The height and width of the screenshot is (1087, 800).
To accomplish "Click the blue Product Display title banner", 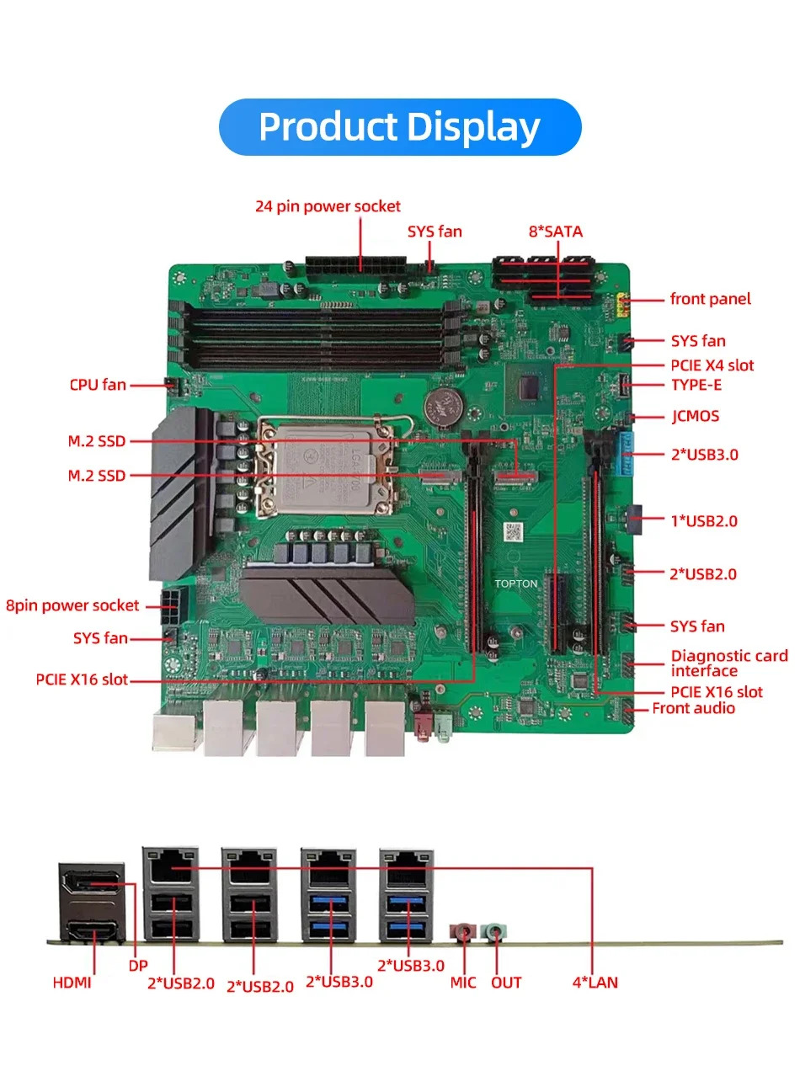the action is pos(400,126).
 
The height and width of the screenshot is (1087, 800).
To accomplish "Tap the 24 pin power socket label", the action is pos(328,206).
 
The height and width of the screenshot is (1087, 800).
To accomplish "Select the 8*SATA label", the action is pos(555,232).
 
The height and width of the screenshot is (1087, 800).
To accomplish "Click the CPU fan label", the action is pos(98,385).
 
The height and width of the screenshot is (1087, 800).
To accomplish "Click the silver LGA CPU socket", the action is pos(325,466).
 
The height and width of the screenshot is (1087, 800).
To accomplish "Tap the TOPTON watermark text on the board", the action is pos(516,583).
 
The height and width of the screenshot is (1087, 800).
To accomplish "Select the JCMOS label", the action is pos(695,416).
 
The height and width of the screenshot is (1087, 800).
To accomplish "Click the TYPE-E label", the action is pos(696,385).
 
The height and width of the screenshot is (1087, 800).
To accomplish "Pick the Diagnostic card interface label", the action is pos(729,663).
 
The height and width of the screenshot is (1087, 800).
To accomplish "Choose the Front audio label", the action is pos(693,708).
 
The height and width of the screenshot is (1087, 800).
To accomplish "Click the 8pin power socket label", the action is pos(72,605).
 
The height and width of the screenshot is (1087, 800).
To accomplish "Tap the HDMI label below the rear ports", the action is pos(72,983).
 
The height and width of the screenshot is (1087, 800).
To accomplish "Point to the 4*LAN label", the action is pos(595,983).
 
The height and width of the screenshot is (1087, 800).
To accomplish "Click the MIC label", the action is pos(463,983).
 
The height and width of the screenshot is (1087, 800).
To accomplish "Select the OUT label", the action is pos(506,983).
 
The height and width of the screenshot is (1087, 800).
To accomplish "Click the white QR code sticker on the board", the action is pos(514,532).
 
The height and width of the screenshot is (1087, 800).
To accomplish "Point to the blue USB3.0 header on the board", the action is pos(625,454).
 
